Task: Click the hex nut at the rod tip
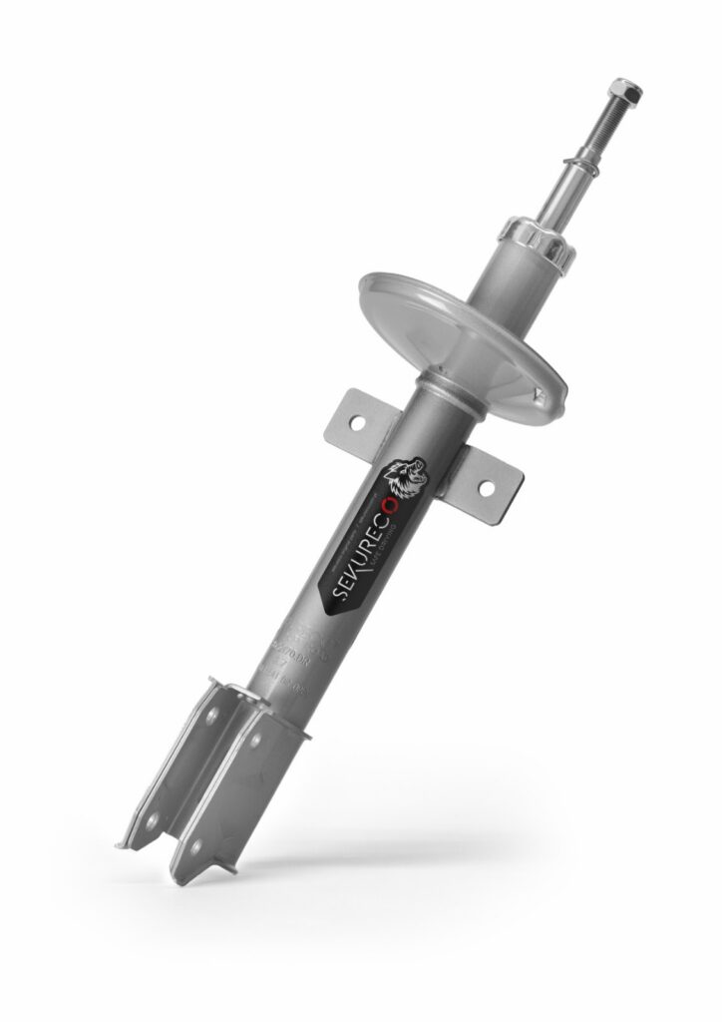click(x=629, y=92)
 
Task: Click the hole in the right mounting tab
click(x=487, y=489)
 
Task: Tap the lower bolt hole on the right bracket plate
click(x=196, y=844)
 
